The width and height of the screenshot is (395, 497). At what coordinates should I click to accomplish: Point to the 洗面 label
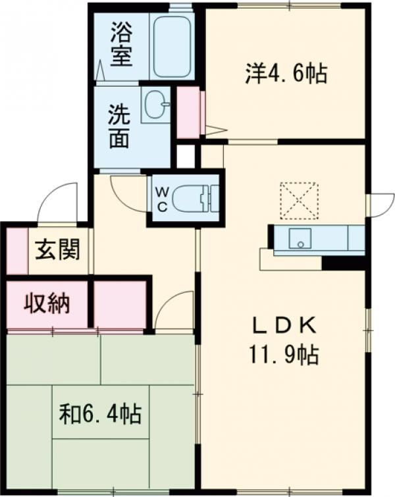(119, 127)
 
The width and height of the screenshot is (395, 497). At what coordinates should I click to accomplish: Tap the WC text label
(162, 199)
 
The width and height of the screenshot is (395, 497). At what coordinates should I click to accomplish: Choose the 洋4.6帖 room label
(286, 73)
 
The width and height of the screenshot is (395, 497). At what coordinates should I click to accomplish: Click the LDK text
(284, 326)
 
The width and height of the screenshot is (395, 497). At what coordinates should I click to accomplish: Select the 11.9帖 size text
(283, 355)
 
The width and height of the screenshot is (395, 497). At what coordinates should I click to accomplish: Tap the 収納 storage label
(47, 303)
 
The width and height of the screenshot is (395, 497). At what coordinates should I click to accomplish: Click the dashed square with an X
(299, 201)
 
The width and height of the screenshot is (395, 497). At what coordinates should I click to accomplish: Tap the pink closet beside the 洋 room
(188, 112)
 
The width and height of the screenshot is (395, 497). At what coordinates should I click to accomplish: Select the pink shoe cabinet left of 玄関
(17, 251)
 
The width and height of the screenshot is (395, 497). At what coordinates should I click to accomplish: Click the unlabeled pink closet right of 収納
(120, 304)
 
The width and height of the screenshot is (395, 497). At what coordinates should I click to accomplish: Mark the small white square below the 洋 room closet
(186, 157)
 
